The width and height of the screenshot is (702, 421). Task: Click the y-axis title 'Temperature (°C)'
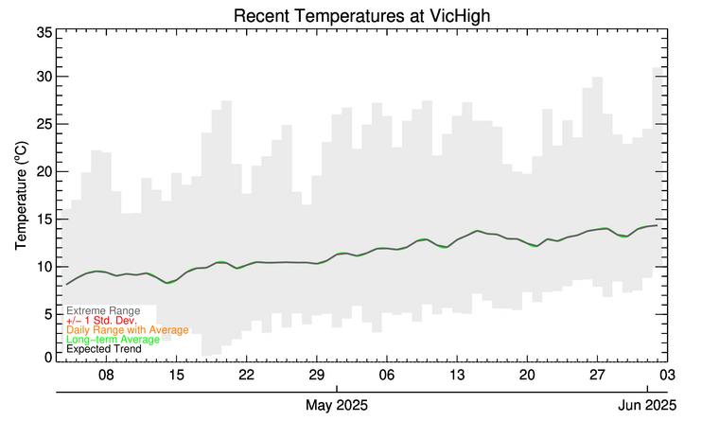[x=21, y=196]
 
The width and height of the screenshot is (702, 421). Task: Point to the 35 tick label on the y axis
[x=44, y=33]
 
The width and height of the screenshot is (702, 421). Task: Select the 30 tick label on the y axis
[x=44, y=76]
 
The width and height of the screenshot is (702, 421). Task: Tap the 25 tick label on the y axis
[x=44, y=123]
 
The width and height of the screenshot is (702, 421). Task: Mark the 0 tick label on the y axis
[x=48, y=357]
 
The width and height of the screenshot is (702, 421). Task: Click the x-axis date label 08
[x=106, y=375]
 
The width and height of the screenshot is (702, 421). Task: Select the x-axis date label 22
[x=246, y=375]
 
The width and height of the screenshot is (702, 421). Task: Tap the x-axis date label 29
[x=316, y=375]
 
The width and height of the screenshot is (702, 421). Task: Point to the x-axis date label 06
[x=386, y=375]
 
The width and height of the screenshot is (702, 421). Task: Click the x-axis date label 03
[x=666, y=375]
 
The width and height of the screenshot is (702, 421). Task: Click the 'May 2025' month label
[x=337, y=405]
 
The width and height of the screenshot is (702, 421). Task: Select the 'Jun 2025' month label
[x=648, y=405]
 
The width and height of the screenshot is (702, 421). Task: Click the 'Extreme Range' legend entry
[x=103, y=310]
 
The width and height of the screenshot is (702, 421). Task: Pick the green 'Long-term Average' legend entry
[x=113, y=339]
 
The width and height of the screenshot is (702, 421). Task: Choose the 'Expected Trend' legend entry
[x=104, y=348]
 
